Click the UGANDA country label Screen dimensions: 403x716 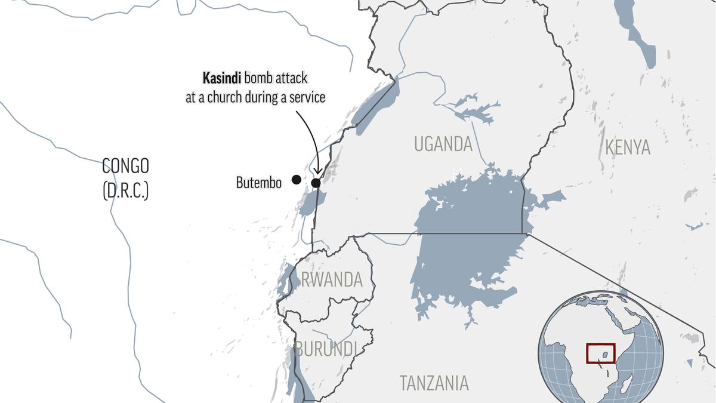[443, 144]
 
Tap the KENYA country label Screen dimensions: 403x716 [627, 147]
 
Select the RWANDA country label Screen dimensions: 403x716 [332, 279]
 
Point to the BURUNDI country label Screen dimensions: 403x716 [326, 349]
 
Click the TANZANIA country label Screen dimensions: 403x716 [434, 383]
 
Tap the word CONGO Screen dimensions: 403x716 [125, 165]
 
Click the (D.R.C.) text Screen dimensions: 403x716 [125, 191]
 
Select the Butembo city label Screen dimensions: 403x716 [258, 183]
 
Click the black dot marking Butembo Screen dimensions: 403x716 [296, 179]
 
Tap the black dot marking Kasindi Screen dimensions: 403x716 [316, 183]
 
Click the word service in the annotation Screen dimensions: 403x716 [304, 97]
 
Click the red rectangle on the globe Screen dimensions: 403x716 [600, 353]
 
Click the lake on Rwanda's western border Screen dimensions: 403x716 [290, 277]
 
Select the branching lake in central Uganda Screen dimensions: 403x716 [471, 110]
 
